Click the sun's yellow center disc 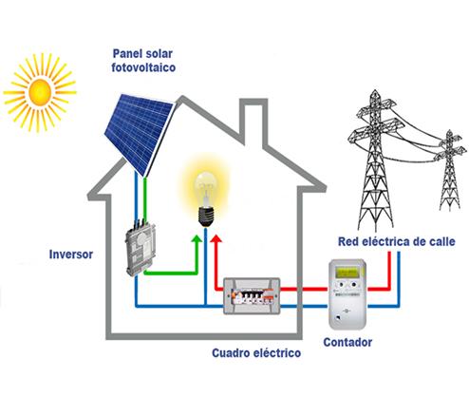click(40, 92)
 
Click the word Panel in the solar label click(126, 53)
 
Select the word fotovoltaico click(143, 67)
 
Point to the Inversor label click(71, 255)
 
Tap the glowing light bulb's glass click(206, 189)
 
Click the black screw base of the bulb click(206, 217)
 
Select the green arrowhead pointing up click(197, 239)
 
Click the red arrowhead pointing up click(216, 239)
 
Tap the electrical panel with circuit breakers click(252, 296)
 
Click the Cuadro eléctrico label click(256, 352)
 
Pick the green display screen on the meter click(347, 272)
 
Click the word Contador click(347, 342)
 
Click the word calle click(442, 241)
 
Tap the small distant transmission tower click(450, 170)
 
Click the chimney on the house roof click(253, 122)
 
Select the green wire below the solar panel click(144, 198)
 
